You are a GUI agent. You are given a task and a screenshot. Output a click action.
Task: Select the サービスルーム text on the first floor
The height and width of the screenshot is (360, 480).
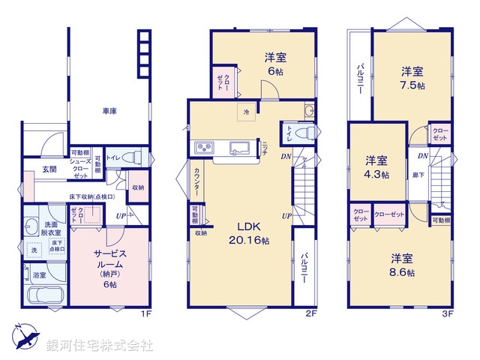(111, 253)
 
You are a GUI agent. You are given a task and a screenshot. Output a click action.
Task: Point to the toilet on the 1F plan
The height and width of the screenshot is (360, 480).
(129, 158)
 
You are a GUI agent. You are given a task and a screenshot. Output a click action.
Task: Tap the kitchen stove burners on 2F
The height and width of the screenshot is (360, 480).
(203, 146)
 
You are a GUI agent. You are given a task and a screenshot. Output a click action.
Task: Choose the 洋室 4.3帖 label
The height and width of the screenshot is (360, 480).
(376, 167)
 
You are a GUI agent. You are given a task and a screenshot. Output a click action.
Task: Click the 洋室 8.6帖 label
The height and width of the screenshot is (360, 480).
(402, 265)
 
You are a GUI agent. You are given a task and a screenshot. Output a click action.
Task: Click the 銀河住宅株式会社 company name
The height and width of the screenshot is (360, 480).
(99, 346)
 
